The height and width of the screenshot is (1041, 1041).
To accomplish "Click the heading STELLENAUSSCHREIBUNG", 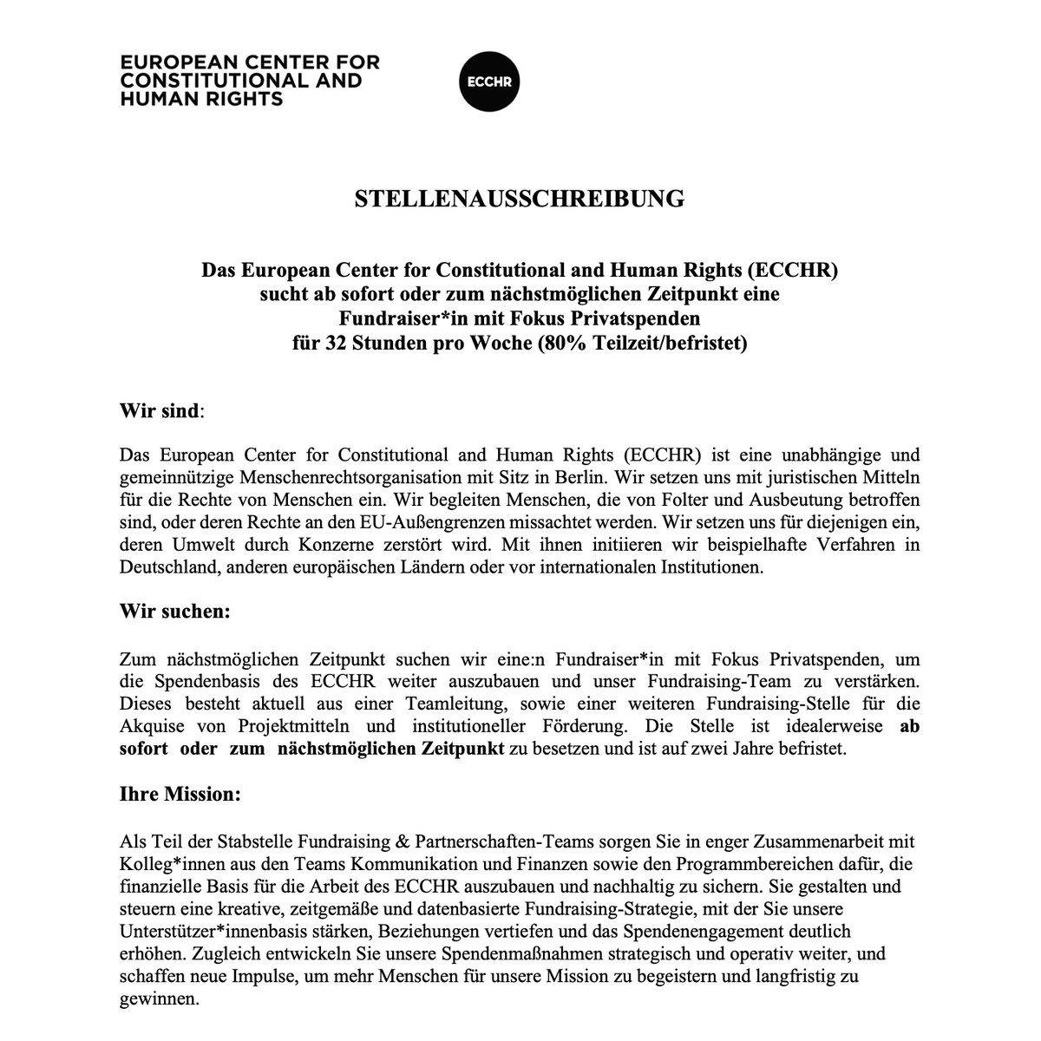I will pos(520,199).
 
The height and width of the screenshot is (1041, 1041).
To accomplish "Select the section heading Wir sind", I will pos(160,410).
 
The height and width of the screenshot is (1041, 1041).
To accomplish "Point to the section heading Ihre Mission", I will pos(177,794).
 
